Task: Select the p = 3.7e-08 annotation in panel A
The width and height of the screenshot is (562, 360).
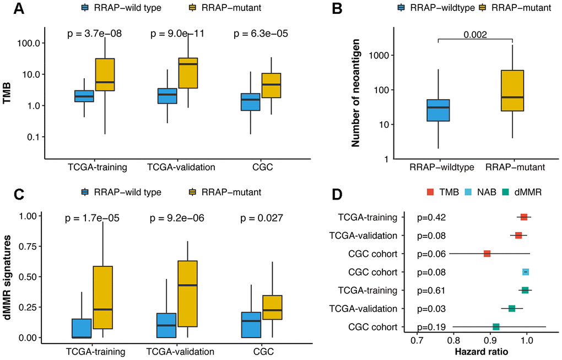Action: (x=94, y=34)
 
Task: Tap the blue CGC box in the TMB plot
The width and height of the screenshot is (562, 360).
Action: (x=251, y=101)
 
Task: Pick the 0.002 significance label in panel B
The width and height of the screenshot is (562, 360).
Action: (x=474, y=34)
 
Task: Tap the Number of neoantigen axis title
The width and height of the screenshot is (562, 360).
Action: (x=356, y=96)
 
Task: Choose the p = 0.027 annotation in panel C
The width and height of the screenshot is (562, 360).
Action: (x=259, y=218)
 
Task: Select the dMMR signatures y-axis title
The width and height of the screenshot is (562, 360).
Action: (x=7, y=276)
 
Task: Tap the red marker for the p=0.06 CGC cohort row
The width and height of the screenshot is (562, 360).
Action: (x=487, y=254)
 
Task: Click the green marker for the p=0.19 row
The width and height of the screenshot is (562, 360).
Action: (x=496, y=327)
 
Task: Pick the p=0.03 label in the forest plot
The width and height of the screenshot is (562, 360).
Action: (x=430, y=309)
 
